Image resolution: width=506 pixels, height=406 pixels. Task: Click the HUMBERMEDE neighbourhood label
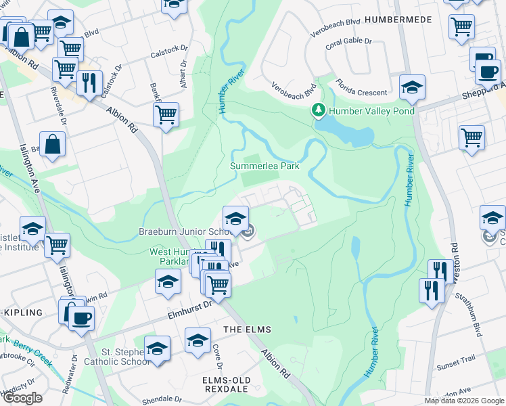coord(398,20)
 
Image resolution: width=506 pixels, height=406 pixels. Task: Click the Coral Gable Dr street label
coord(348,41)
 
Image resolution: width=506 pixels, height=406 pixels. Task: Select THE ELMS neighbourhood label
coord(247,330)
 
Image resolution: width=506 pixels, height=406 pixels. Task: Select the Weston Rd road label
coord(454,254)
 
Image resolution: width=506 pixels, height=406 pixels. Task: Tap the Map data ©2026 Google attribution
coord(463,401)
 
